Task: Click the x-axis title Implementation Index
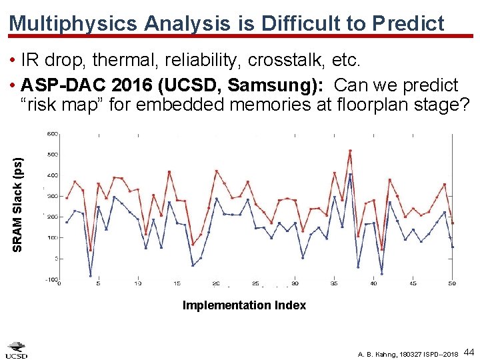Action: click(x=244, y=305)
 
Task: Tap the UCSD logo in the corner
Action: click(x=17, y=350)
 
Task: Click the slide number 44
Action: click(x=469, y=351)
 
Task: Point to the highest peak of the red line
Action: click(x=350, y=151)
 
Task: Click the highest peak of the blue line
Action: click(x=350, y=175)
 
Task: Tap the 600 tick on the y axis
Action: click(x=52, y=134)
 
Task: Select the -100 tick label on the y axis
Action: click(x=51, y=279)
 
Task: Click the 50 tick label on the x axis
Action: click(x=452, y=284)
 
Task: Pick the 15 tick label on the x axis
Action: click(x=177, y=284)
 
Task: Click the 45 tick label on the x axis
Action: click(x=413, y=284)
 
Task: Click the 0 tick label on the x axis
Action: click(x=59, y=284)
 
